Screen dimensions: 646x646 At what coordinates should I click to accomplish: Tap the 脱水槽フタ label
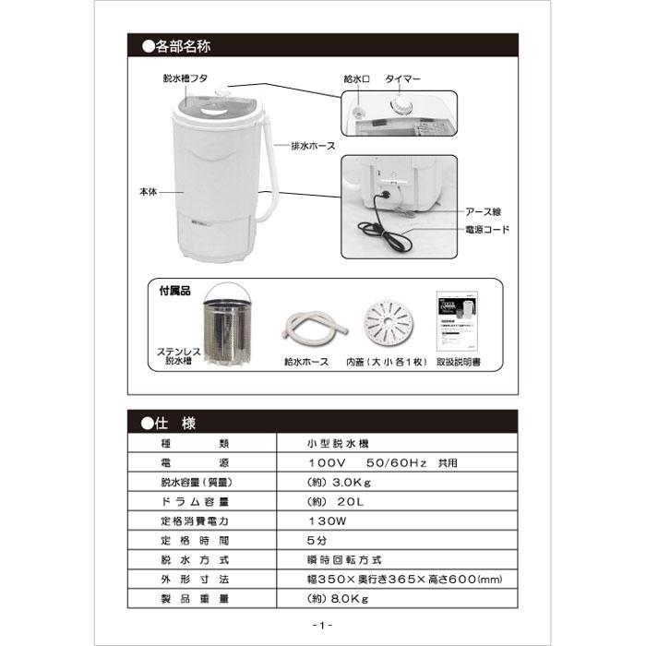(185, 78)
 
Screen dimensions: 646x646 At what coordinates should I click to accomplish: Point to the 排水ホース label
(313, 146)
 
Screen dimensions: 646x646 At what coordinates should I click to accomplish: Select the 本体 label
(149, 192)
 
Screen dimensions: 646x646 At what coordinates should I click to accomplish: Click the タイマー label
(402, 78)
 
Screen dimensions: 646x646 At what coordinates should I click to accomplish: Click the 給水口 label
(357, 78)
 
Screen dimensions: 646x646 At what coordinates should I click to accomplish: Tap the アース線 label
(483, 211)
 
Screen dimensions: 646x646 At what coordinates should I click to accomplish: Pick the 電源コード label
(487, 230)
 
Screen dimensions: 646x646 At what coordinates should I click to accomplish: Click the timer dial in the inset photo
(401, 106)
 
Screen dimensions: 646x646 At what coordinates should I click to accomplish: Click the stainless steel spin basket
(227, 326)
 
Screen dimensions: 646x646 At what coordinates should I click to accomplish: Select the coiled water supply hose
(315, 325)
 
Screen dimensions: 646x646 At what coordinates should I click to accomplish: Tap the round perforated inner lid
(389, 323)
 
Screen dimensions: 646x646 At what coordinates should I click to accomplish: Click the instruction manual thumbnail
(457, 320)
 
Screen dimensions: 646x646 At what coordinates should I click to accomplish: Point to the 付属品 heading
(175, 291)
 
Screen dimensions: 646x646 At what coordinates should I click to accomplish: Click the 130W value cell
(328, 521)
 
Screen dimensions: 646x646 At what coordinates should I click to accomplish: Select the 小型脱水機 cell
(338, 443)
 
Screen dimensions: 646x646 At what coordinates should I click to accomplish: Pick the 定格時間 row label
(195, 541)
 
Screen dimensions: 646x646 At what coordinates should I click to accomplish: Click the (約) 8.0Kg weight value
(338, 599)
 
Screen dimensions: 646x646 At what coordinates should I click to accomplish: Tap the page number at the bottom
(323, 625)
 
